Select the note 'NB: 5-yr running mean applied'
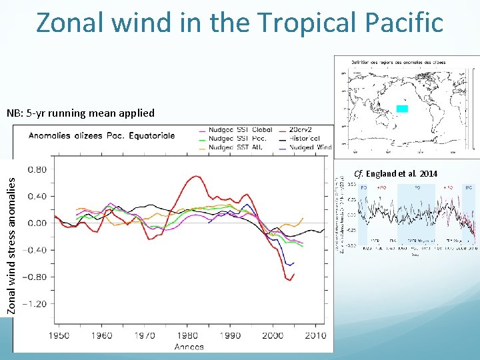click(81, 113)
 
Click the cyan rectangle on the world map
click(402, 109)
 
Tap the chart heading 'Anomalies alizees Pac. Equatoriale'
click(102, 135)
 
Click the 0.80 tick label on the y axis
click(36, 169)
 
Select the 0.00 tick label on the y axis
click(36, 223)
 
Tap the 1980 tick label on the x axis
click(187, 335)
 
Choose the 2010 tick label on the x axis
click(317, 335)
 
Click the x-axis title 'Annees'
click(189, 347)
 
